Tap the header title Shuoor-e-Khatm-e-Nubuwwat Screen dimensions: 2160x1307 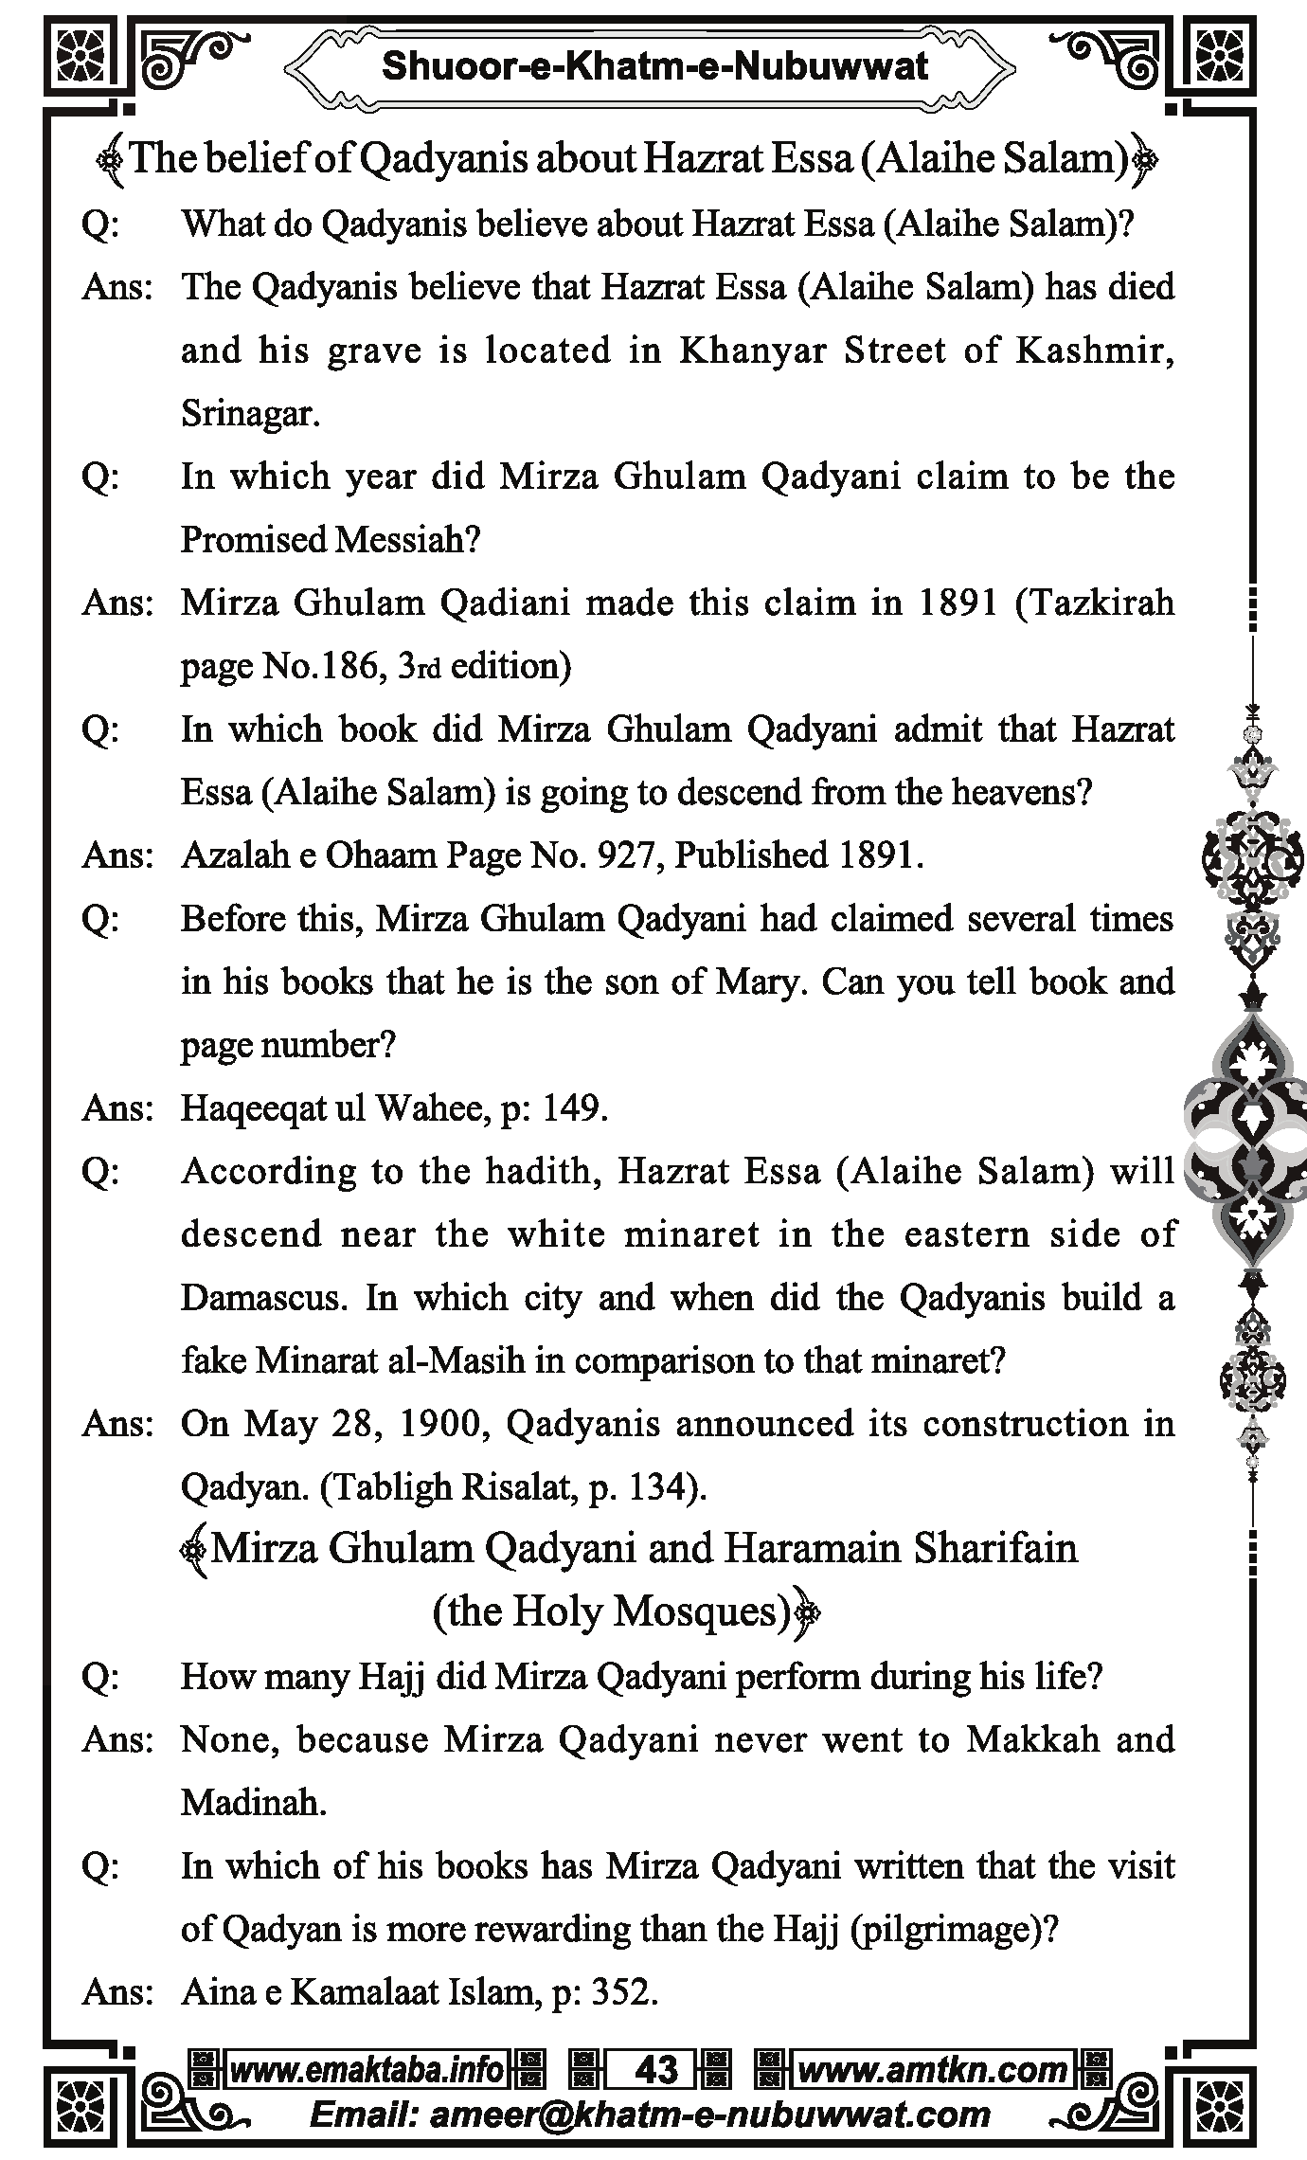click(654, 66)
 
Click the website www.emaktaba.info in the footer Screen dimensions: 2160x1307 click(367, 2070)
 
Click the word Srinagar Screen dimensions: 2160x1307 click(250, 414)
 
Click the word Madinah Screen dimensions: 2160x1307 click(252, 1803)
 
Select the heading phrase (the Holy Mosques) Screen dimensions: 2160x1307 click(612, 1611)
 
